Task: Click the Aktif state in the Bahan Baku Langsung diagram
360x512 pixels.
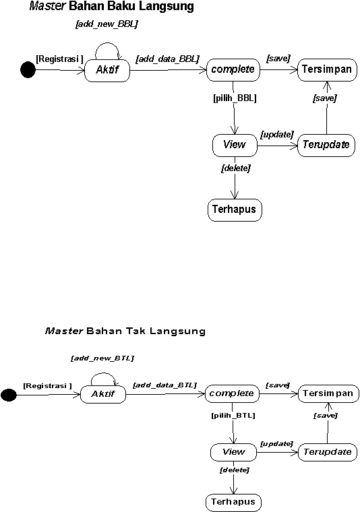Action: (107, 70)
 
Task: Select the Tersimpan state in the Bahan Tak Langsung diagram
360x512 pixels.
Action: (328, 393)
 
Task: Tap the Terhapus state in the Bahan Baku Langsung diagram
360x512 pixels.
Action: (235, 210)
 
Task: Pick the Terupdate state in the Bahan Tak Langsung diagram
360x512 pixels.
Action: (328, 452)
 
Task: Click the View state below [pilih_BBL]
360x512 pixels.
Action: (235, 146)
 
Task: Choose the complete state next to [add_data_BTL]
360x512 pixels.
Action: (232, 394)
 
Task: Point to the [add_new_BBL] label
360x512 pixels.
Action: (107, 24)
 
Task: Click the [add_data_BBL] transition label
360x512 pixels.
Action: (168, 59)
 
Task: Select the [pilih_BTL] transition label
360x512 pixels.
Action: (233, 416)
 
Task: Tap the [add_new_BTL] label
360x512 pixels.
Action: (102, 358)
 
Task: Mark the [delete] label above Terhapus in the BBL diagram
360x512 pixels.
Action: (236, 168)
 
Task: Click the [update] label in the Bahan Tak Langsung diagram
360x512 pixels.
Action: (276, 444)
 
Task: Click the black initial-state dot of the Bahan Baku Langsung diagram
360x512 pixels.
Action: (28, 70)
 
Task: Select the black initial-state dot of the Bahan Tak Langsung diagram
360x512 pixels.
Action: (9, 395)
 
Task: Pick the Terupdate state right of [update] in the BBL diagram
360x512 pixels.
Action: (326, 146)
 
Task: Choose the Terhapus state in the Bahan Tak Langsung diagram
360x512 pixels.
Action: (233, 502)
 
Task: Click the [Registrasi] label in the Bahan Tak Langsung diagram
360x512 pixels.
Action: (47, 386)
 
